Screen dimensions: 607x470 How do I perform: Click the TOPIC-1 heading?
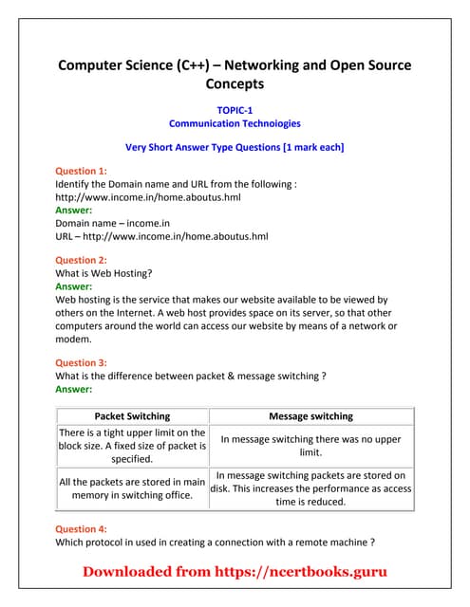(x=235, y=110)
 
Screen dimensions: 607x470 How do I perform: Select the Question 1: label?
(x=82, y=171)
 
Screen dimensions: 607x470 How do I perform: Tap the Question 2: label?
(x=82, y=260)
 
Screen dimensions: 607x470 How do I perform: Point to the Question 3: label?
(x=82, y=362)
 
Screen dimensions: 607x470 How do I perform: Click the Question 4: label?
(x=82, y=529)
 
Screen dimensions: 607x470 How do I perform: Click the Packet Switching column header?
(x=133, y=415)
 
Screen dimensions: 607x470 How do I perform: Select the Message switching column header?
(x=311, y=415)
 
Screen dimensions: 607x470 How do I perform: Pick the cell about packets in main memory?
(x=133, y=488)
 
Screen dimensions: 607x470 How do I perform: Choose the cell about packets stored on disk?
(x=311, y=488)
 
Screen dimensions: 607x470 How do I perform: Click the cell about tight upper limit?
(x=133, y=446)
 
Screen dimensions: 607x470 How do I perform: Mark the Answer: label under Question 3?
(x=74, y=389)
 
